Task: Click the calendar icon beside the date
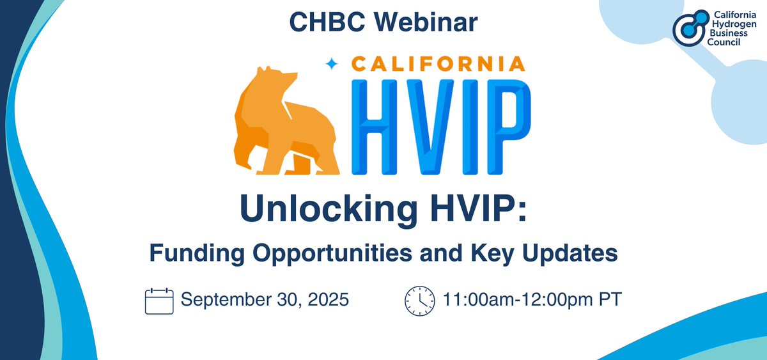click(x=160, y=300)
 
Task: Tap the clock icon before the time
click(x=419, y=300)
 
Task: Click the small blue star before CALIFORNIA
click(x=331, y=63)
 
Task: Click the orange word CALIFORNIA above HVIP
click(x=435, y=63)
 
